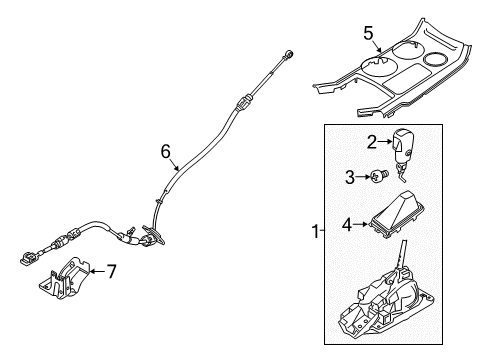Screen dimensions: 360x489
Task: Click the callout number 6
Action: click(x=166, y=151)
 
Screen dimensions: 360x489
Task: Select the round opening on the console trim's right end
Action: click(x=439, y=57)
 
